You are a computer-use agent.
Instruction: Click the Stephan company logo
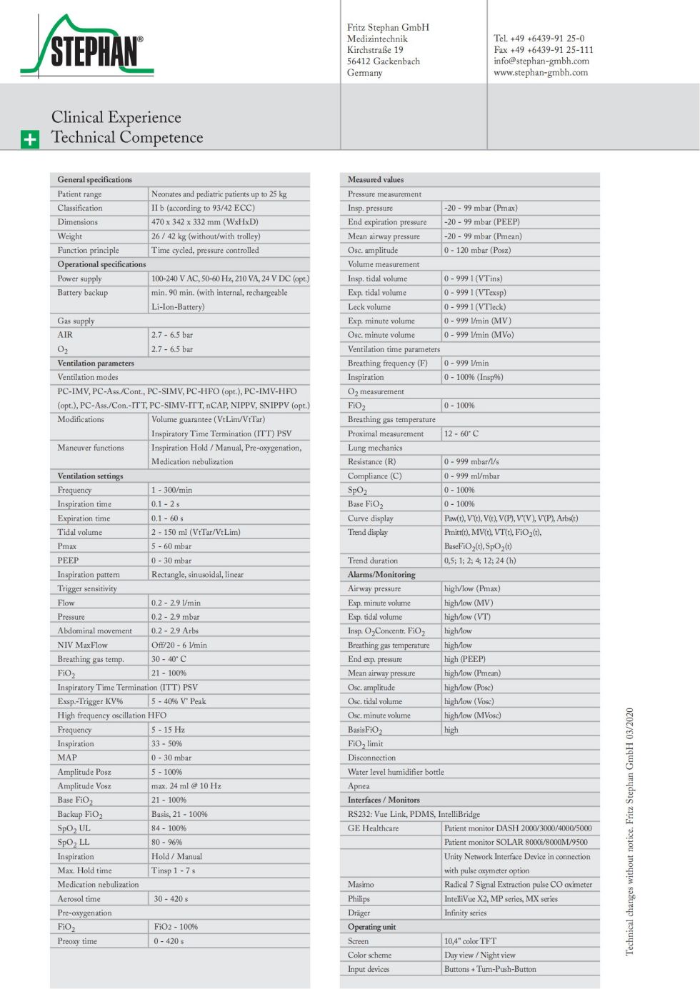[87, 47]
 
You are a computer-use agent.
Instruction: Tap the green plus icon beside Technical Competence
[29, 139]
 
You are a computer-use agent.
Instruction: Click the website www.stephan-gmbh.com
[540, 72]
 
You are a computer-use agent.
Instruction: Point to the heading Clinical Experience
[116, 117]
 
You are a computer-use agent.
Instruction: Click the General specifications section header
[95, 180]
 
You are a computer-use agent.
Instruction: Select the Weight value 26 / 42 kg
[206, 236]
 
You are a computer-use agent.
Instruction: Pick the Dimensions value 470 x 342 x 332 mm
[204, 222]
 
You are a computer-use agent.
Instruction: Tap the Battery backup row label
[82, 293]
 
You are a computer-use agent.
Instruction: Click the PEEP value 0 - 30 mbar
[171, 561]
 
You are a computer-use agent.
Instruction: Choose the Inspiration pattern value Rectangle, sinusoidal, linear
[197, 575]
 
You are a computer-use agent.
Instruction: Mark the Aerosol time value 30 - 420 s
[171, 899]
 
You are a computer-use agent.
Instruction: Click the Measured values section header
[376, 180]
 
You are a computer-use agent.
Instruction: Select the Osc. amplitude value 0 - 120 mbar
[477, 251]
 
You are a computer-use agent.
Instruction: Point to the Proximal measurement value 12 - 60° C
[461, 434]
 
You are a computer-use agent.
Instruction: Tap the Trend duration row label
[373, 561]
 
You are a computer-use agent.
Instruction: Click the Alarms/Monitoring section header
[381, 575]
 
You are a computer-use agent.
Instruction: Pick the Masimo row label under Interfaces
[361, 885]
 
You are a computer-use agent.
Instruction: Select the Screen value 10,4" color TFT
[470, 941]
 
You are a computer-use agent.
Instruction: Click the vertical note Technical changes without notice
[630, 832]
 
